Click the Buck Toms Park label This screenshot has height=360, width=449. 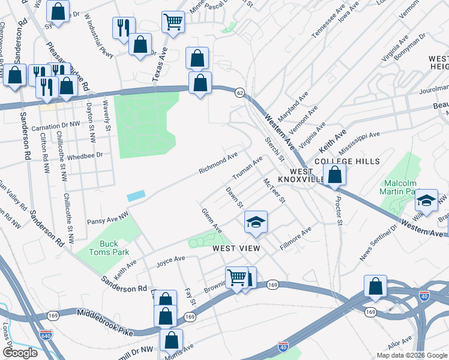click(x=109, y=248)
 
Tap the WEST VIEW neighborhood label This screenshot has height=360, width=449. click(x=236, y=248)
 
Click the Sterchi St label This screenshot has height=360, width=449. click(x=275, y=149)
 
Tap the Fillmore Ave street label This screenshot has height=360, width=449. click(x=298, y=235)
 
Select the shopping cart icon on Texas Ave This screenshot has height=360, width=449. click(x=173, y=22)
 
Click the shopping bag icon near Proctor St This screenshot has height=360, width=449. click(x=335, y=175)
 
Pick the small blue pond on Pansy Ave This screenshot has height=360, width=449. click(x=136, y=196)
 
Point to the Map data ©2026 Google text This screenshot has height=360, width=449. click(x=411, y=355)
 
